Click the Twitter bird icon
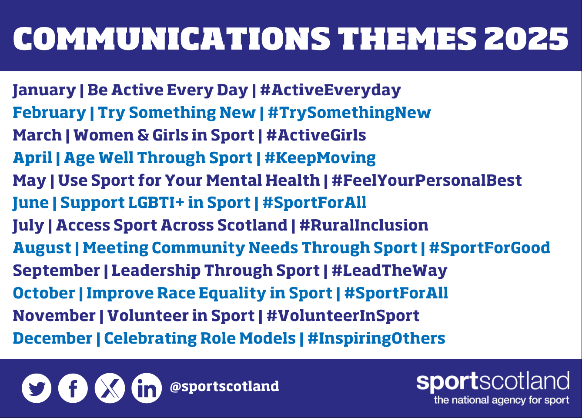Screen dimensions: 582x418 tap(37, 388)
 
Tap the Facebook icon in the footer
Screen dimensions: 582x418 tap(73, 388)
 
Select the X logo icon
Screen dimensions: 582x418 tap(110, 388)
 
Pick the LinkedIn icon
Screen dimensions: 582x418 tap(147, 388)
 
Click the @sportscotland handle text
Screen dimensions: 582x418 tap(224, 386)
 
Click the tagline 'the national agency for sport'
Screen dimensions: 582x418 tap(502, 400)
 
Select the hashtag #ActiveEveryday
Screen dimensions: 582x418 tap(331, 90)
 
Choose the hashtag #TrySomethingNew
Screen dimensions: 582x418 tap(349, 113)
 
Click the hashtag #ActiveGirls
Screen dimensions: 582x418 tap(316, 135)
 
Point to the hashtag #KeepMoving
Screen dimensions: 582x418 tap(320, 158)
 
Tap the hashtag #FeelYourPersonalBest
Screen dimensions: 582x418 tap(427, 181)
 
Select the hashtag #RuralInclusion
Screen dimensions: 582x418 tap(364, 225)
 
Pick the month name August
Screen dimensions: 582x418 tap(42, 248)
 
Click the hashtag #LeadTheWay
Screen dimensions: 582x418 tap(389, 271)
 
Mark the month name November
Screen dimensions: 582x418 tap(54, 316)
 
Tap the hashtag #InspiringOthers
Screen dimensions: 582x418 tap(376, 338)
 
